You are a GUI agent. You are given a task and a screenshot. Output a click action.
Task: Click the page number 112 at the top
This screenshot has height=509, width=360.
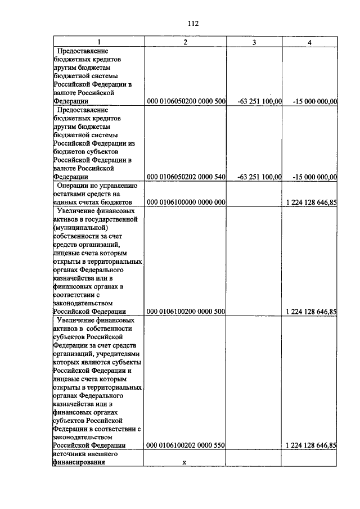click(193, 23)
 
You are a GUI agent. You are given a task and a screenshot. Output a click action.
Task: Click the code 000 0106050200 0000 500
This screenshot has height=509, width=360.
click(186, 101)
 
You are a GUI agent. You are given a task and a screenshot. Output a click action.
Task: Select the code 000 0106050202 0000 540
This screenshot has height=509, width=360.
click(186, 177)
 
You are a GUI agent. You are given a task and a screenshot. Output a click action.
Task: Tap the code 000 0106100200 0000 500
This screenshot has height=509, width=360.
click(186, 311)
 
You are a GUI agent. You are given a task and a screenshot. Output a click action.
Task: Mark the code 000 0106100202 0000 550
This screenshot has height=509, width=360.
click(186, 445)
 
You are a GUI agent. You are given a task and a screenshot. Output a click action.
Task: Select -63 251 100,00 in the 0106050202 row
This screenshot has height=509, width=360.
click(260, 177)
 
